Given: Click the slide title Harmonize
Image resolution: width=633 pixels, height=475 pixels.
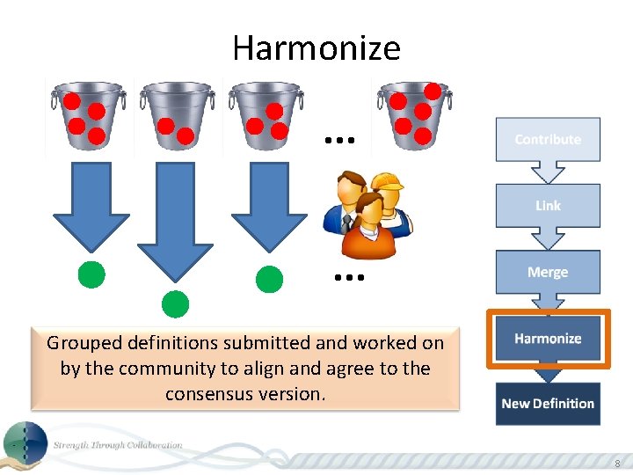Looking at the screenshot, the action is tap(316, 47).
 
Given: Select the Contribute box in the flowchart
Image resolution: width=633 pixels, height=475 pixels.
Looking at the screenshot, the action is tap(548, 139).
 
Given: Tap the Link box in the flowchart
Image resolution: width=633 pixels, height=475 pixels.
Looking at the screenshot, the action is tap(548, 205).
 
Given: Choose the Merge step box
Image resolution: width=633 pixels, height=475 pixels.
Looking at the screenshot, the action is tap(548, 272).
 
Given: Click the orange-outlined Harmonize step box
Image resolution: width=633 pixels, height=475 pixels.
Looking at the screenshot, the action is tap(548, 339).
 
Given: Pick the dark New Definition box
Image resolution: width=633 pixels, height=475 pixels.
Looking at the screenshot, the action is tap(548, 404).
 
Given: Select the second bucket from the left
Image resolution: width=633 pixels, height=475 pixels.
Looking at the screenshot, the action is tap(176, 114).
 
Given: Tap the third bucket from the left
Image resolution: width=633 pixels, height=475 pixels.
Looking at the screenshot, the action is tap(265, 114).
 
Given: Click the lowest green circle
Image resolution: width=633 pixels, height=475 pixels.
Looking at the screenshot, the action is tap(176, 303).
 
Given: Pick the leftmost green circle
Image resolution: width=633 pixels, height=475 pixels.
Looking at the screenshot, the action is tap(91, 275).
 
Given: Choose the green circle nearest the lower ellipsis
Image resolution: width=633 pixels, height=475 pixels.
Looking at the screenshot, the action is tap(269, 279).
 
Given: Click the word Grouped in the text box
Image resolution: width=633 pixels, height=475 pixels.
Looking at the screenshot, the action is tap(84, 342).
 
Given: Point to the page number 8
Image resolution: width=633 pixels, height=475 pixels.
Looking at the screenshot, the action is tap(616, 464).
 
